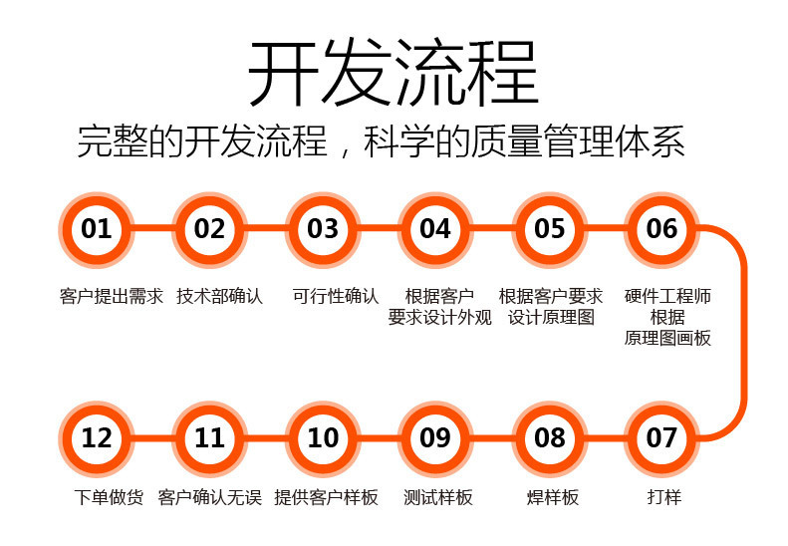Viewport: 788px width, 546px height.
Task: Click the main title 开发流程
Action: click(394, 73)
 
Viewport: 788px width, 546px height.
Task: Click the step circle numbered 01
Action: click(96, 229)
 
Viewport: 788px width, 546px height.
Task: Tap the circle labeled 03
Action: click(323, 229)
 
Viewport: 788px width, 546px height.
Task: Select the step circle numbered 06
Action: click(661, 229)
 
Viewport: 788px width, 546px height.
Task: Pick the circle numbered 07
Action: click(661, 438)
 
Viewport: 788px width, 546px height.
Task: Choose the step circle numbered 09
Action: click(435, 438)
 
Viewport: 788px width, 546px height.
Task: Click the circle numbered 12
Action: click(96, 438)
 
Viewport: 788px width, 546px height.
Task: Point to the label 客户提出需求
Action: click(111, 296)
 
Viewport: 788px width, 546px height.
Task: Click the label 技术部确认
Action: click(219, 296)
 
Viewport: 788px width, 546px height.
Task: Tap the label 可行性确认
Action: click(335, 296)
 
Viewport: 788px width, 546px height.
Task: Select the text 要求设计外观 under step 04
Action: click(439, 317)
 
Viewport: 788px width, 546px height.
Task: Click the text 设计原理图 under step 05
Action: click(551, 317)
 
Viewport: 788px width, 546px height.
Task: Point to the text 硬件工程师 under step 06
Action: click(667, 296)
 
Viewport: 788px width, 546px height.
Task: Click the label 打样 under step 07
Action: click(664, 497)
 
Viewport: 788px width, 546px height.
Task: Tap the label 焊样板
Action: click(553, 497)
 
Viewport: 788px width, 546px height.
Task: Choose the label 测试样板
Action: click(438, 497)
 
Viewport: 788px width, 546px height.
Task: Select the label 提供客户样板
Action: click(326, 497)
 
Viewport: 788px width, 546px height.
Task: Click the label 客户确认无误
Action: click(210, 497)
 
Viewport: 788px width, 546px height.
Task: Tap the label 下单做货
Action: click(109, 497)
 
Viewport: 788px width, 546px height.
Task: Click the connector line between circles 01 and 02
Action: click(152, 229)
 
